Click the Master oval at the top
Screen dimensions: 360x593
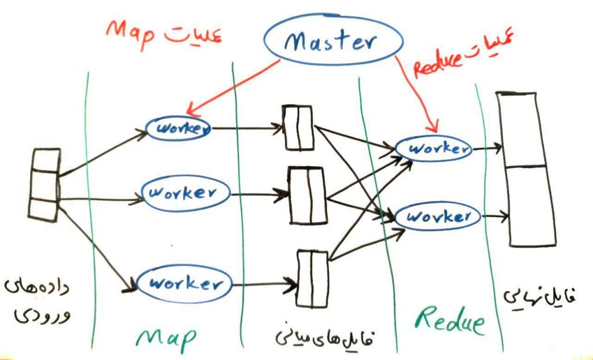point(332,41)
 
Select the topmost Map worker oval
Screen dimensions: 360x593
point(178,128)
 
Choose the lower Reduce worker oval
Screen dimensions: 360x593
point(438,218)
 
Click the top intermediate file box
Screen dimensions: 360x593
point(298,127)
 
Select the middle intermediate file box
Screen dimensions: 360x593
point(308,195)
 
